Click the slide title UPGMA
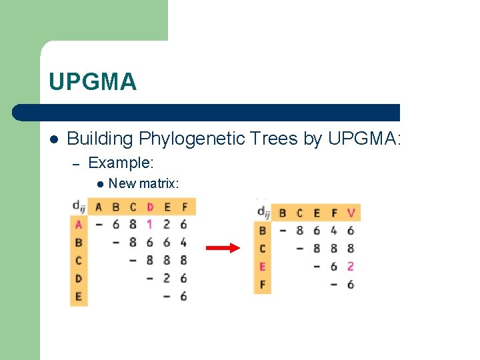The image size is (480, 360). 93,82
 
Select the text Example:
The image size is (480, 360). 121,162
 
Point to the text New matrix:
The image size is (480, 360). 143,183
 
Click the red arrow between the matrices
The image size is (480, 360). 222,249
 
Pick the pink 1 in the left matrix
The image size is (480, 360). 149,225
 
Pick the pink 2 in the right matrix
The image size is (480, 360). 351,267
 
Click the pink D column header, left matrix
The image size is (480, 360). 149,207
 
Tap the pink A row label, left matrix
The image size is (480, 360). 79,225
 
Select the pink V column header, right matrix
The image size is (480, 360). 351,213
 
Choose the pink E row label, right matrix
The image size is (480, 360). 262,267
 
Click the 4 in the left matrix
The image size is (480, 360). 183,243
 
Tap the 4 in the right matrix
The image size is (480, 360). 333,231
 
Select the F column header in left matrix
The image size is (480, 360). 184,207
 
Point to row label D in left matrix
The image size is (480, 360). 79,279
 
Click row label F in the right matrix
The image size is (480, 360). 262,285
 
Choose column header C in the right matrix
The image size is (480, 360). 299,213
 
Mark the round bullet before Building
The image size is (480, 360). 53,139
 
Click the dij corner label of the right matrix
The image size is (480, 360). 263,213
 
